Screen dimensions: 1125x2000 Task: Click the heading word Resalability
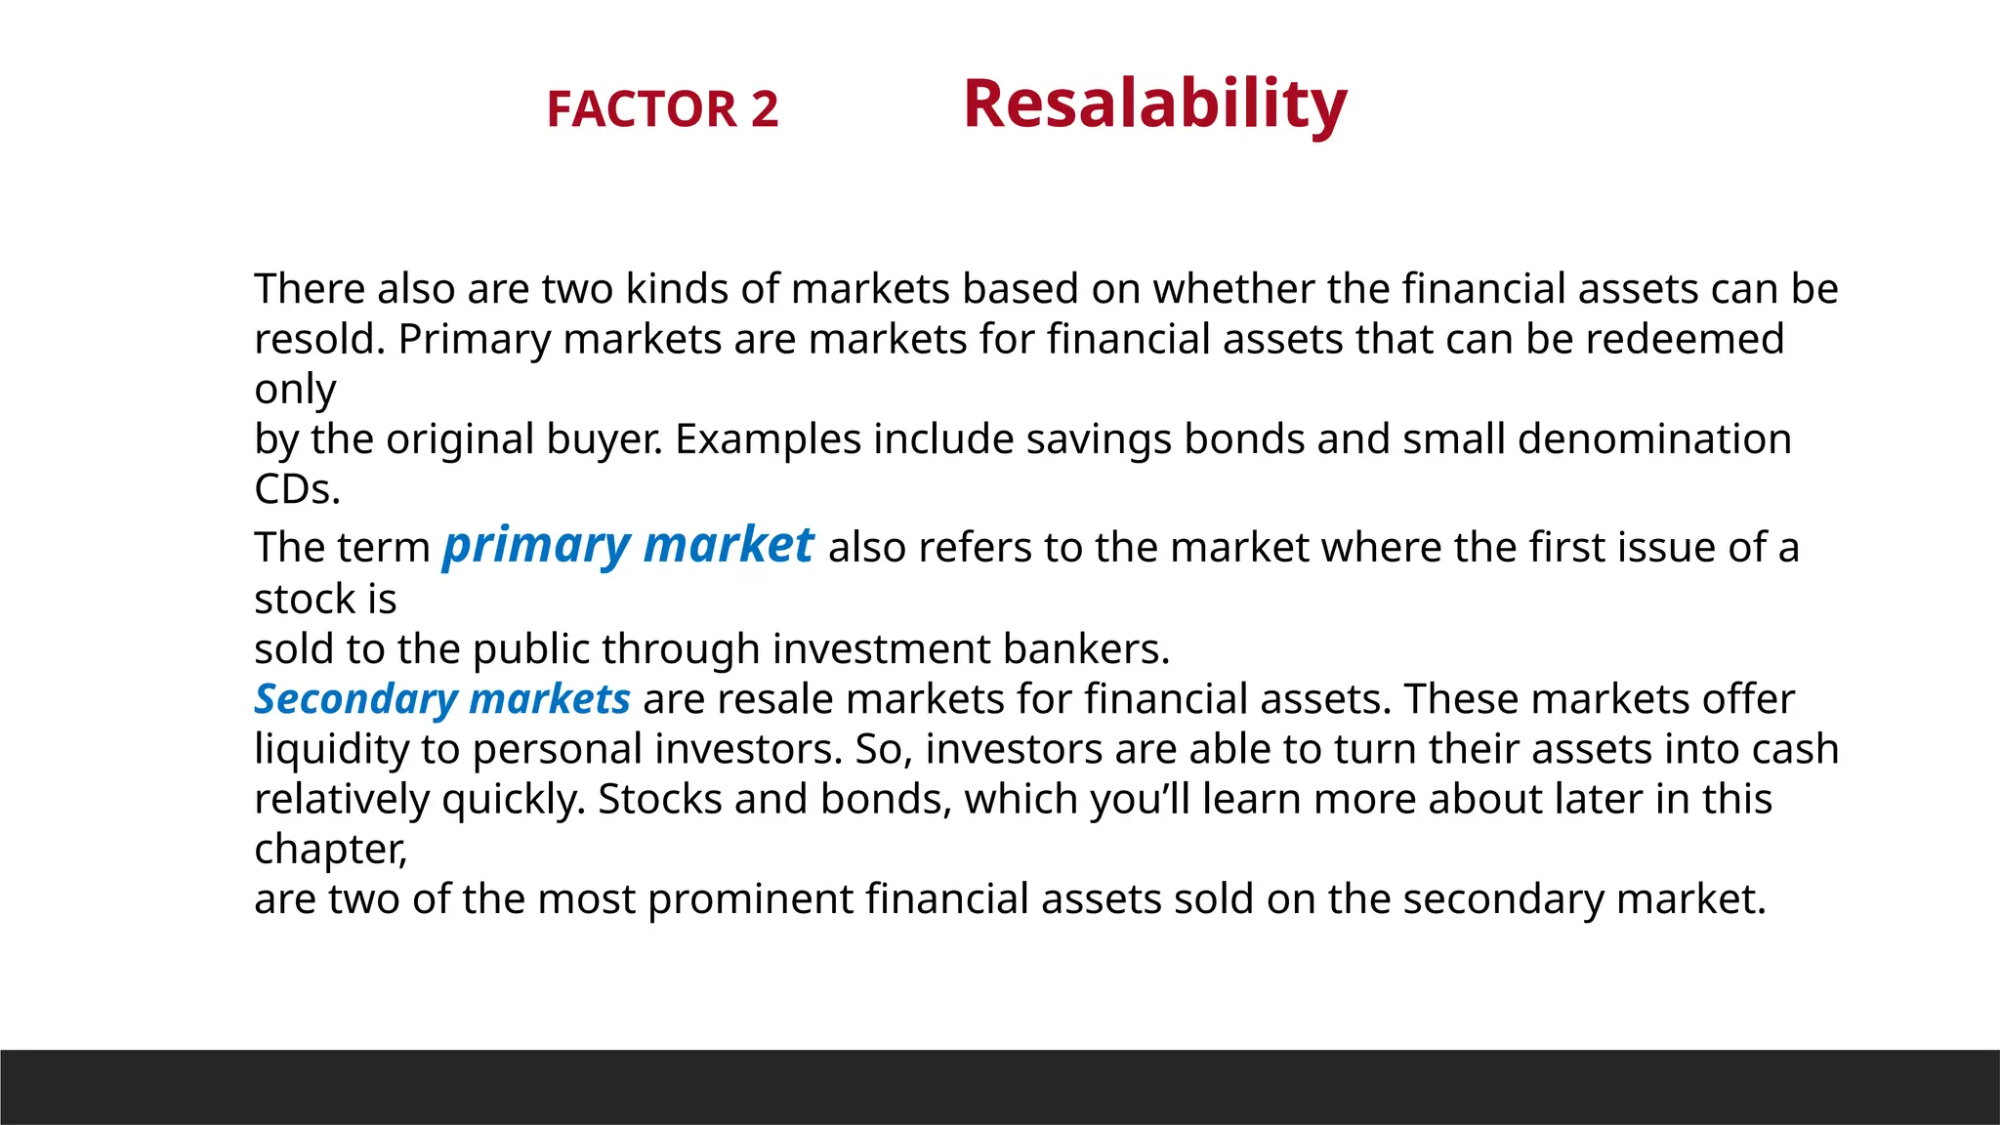pos(1154,104)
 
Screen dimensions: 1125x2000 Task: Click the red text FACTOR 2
pos(662,108)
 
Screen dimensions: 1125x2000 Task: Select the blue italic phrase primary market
pos(628,545)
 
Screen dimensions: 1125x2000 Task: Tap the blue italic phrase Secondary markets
pos(442,699)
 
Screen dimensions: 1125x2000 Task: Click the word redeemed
pos(1685,339)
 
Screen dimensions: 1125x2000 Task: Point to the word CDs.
pos(297,488)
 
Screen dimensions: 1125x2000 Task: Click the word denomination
pos(1654,438)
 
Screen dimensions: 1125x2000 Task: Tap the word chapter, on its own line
pos(330,849)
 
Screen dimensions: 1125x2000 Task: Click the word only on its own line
pos(295,390)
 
